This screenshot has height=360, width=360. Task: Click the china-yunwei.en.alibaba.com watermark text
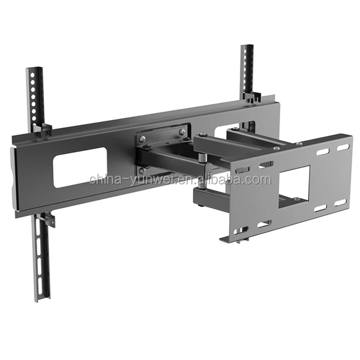(180, 179)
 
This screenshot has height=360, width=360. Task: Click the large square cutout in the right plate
(294, 186)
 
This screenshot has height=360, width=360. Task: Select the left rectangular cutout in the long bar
(80, 167)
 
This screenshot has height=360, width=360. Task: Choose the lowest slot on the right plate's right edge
(340, 202)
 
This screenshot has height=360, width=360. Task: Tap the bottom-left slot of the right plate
(264, 224)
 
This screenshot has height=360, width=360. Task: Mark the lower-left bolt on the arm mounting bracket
(142, 170)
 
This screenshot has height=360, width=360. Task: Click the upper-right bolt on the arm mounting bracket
(182, 132)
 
